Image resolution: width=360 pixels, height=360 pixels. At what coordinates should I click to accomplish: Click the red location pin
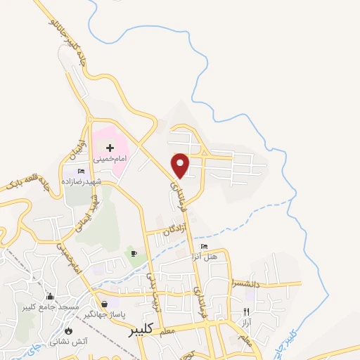pos(181,165)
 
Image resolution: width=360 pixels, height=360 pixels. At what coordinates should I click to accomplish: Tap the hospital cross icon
pos(110,148)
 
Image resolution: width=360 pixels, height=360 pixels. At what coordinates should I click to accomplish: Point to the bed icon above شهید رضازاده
pos(81,171)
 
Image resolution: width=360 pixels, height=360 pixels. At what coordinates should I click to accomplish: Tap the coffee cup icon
pos(134,253)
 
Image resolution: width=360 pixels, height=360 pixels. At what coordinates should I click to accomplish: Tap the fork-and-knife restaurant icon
pos(246,311)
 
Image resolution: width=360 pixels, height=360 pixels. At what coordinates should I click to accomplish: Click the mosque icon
pos(50,297)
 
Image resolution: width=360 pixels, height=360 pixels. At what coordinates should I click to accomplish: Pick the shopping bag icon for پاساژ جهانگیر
pos(105,304)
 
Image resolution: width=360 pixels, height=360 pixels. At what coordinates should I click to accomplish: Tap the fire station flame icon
pos(68,330)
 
